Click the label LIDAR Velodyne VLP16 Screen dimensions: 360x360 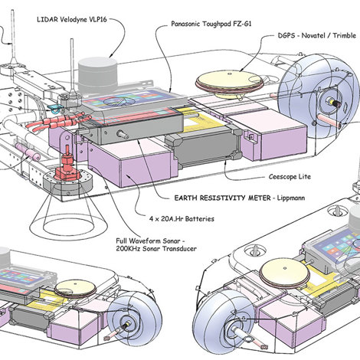(x=72, y=19)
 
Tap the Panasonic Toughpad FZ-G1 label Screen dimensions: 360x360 (x=211, y=24)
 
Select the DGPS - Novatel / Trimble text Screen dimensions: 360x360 (x=317, y=35)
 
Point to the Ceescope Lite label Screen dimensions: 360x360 (x=290, y=177)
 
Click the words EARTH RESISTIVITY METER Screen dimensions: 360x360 (x=222, y=198)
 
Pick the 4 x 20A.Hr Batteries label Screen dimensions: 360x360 (x=182, y=219)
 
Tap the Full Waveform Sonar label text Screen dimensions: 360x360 (x=151, y=241)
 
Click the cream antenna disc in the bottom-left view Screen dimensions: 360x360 (x=76, y=288)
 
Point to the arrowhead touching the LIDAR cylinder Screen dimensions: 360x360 (x=110, y=55)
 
